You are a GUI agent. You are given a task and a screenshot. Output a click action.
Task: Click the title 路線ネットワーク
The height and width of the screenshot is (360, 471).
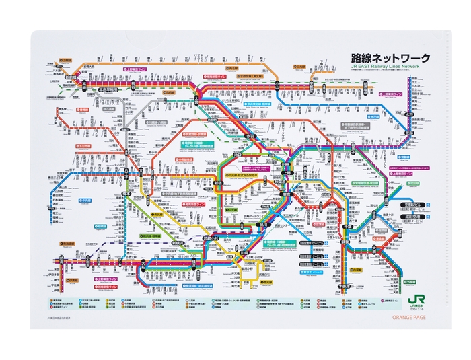[390, 59]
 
